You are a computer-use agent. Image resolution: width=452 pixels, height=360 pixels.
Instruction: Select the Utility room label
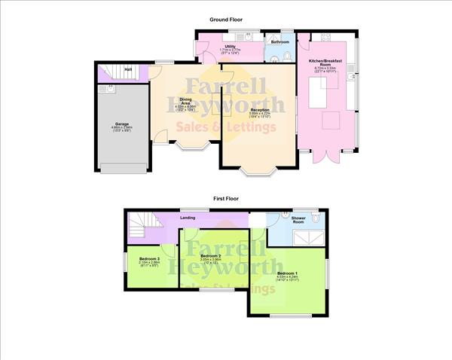(x=228, y=47)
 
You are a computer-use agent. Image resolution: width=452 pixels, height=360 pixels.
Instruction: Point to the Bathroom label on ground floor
(x=279, y=42)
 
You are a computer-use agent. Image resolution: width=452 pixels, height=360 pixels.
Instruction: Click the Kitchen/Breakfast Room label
(x=326, y=63)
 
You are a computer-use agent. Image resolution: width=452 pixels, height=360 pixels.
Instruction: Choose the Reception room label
(x=260, y=111)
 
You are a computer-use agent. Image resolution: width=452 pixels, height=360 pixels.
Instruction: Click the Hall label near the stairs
(x=129, y=70)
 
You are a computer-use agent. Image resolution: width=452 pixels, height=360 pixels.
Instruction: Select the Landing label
(x=188, y=219)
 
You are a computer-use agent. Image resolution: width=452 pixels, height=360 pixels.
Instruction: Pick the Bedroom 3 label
(x=149, y=260)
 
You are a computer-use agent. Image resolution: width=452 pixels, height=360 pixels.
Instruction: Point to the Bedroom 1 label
(x=287, y=273)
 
